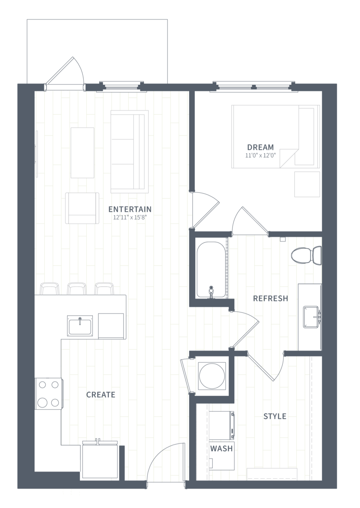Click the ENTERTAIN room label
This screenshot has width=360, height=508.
pyautogui.click(x=130, y=209)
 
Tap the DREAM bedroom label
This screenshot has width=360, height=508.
pyautogui.click(x=260, y=147)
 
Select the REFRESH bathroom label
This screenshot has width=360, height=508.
pyautogui.click(x=270, y=298)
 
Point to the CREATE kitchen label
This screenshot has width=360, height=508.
pyautogui.click(x=100, y=395)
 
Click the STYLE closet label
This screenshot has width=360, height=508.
pyautogui.click(x=275, y=416)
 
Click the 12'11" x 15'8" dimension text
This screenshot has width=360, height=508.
pyautogui.click(x=130, y=217)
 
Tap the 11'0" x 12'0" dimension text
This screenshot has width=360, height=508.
pyautogui.click(x=260, y=156)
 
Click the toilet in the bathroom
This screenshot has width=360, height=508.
pyautogui.click(x=306, y=256)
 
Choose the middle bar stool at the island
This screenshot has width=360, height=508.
pyautogui.click(x=77, y=289)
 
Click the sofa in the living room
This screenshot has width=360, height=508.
pyautogui.click(x=130, y=152)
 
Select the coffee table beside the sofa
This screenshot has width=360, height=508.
pyautogui.click(x=83, y=153)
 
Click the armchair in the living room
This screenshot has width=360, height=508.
pyautogui.click(x=82, y=208)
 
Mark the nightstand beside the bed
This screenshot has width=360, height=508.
pyautogui.click(x=307, y=184)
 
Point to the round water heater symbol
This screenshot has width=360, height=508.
pyautogui.click(x=212, y=376)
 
